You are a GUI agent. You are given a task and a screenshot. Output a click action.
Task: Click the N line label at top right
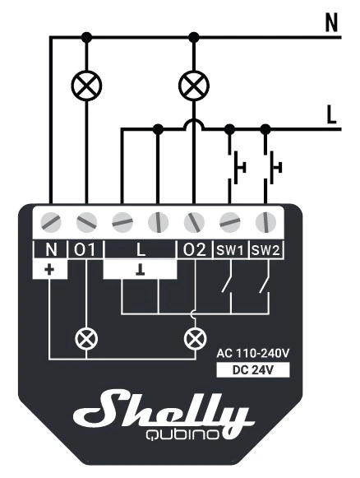click(x=331, y=22)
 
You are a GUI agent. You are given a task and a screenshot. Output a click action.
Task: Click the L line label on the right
click(x=331, y=114)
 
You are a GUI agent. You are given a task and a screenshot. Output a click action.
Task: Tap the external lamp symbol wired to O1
click(x=86, y=86)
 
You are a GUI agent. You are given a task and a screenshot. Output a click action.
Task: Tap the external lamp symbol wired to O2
click(x=194, y=86)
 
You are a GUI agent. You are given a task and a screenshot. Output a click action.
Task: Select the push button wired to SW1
click(x=237, y=167)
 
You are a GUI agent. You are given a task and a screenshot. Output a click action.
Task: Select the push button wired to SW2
click(x=273, y=167)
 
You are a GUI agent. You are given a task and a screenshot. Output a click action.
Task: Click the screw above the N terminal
click(x=51, y=222)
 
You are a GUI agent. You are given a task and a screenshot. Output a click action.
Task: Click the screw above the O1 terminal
click(x=86, y=222)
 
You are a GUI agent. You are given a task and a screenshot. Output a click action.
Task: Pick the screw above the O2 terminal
click(x=194, y=222)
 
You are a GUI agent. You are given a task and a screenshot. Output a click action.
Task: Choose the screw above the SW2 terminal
click(x=265, y=222)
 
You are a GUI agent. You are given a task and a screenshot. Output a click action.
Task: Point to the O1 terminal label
click(x=85, y=250)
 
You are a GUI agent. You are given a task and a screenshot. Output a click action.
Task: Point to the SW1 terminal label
click(x=230, y=251)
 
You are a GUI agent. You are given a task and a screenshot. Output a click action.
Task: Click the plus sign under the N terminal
click(x=49, y=270)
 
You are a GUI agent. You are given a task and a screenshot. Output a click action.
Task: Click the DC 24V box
click(x=253, y=370)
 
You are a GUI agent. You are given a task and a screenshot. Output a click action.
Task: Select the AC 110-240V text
click(x=253, y=353)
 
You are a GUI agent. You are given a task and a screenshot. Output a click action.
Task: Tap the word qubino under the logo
click(x=182, y=434)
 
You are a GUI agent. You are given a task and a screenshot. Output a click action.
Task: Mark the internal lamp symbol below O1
click(x=86, y=339)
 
